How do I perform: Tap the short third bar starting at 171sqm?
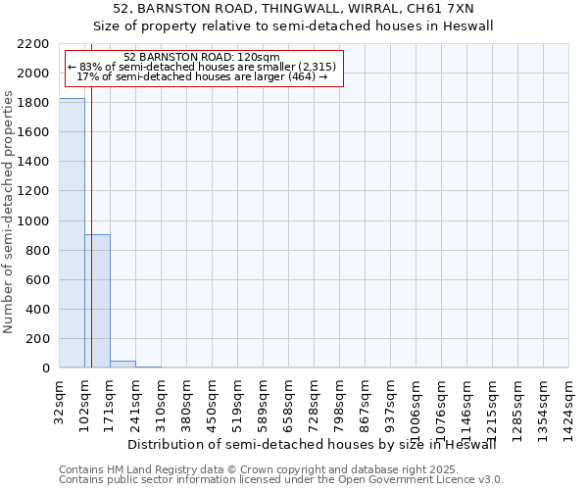122,365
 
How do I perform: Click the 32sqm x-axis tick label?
59,399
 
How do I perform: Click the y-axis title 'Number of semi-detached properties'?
9,212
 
